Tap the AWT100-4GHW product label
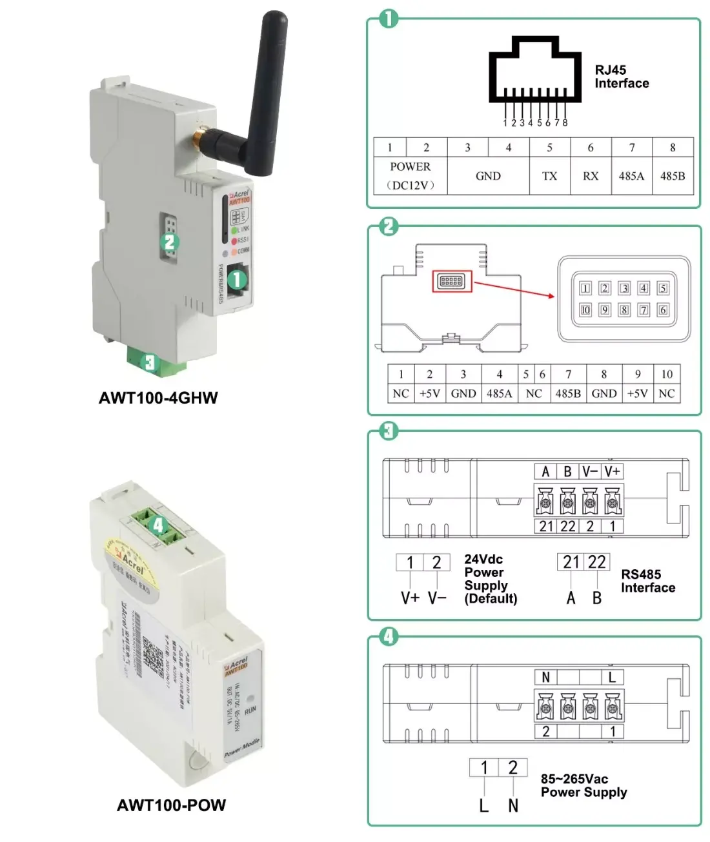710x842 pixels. pos(158,398)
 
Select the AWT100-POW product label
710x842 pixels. pos(171,805)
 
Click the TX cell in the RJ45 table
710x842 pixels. pos(549,176)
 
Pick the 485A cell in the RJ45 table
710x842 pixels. pos(631,176)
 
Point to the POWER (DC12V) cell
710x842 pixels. pos(411,176)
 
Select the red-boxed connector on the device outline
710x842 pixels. pos(451,281)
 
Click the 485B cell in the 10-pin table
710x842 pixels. pos(568,393)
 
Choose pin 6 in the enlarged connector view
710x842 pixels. pos(663,310)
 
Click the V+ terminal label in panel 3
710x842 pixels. pos(612,471)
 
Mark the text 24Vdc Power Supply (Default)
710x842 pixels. pos(491,579)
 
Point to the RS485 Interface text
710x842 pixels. pos(647,581)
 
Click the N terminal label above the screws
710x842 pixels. pos(546,677)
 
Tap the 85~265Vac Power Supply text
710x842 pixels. pos(583,785)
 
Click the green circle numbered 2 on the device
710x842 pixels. pos(169,242)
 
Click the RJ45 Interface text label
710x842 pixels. pos(621,77)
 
